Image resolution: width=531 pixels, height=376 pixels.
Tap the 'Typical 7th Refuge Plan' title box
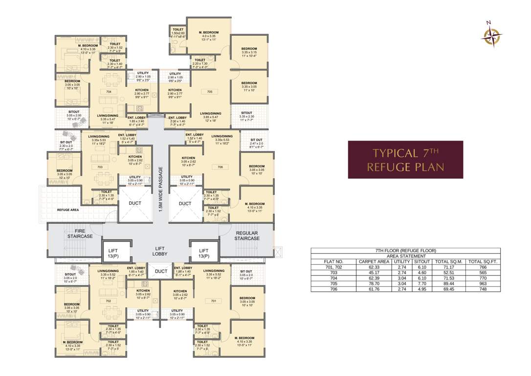point(405,160)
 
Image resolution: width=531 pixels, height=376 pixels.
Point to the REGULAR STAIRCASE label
point(246,235)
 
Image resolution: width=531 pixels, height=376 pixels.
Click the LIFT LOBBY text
point(160,251)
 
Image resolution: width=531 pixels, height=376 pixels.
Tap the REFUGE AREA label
point(68,210)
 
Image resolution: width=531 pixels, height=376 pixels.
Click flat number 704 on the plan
point(109,92)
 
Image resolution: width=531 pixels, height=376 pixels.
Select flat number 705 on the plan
point(209,92)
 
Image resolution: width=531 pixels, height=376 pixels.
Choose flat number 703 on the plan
point(100,167)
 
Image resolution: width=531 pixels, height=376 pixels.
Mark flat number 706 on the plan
point(220,167)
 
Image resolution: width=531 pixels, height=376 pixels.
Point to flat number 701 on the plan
point(213,301)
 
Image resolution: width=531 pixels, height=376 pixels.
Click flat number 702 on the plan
point(109,301)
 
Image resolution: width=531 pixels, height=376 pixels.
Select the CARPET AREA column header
point(374,262)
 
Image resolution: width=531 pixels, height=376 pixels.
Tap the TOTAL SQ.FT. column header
point(483,262)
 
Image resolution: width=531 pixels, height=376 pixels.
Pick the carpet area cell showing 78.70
point(374,283)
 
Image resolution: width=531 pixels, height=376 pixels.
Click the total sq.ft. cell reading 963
point(483,283)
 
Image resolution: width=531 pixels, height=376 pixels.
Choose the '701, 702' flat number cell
point(333,267)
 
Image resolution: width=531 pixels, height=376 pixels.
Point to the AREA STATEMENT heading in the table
point(405,256)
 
